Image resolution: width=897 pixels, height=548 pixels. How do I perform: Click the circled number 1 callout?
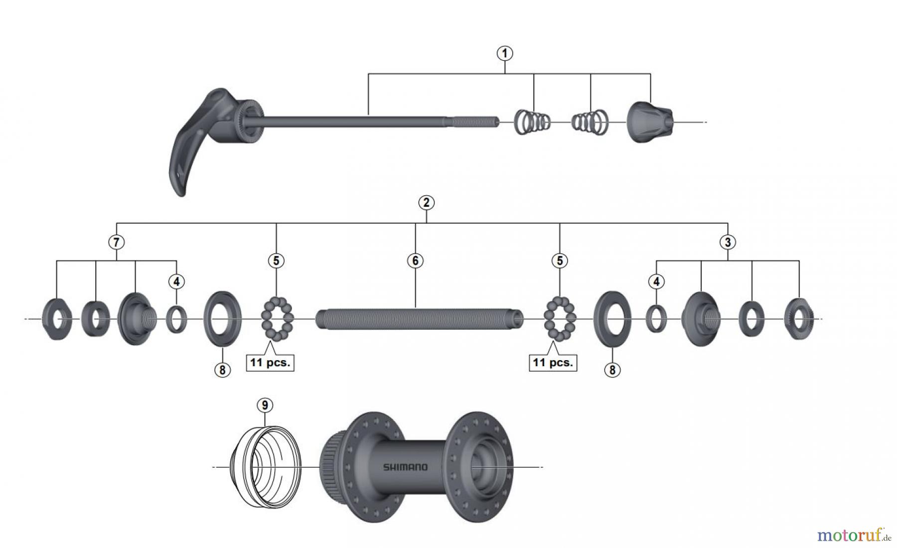[x=505, y=53]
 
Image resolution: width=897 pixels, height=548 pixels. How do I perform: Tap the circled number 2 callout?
[x=426, y=203]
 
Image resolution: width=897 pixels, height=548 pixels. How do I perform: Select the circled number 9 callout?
[x=265, y=406]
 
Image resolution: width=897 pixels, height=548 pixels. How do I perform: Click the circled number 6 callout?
[x=415, y=261]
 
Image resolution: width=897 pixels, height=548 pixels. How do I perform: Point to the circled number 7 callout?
[x=116, y=243]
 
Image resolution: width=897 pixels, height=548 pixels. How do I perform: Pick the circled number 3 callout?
[x=728, y=243]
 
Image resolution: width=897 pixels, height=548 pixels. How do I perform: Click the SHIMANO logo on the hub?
[x=405, y=467]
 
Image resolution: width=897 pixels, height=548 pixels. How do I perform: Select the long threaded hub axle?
[x=420, y=319]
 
